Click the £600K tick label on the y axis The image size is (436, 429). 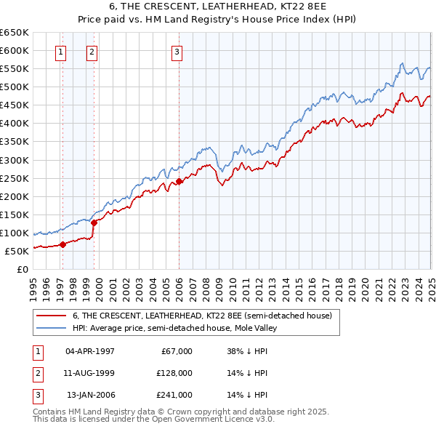point(14,51)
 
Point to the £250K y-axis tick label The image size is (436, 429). point(14,178)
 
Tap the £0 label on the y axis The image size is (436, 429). point(23,269)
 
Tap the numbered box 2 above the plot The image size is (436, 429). point(92,52)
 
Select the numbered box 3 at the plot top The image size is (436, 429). point(177,52)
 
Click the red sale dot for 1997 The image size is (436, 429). point(62,244)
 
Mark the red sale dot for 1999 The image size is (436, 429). point(94,222)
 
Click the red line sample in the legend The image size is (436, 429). point(52,316)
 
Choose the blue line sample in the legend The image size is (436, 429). point(52,328)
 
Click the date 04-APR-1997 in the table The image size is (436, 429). point(90,351)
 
